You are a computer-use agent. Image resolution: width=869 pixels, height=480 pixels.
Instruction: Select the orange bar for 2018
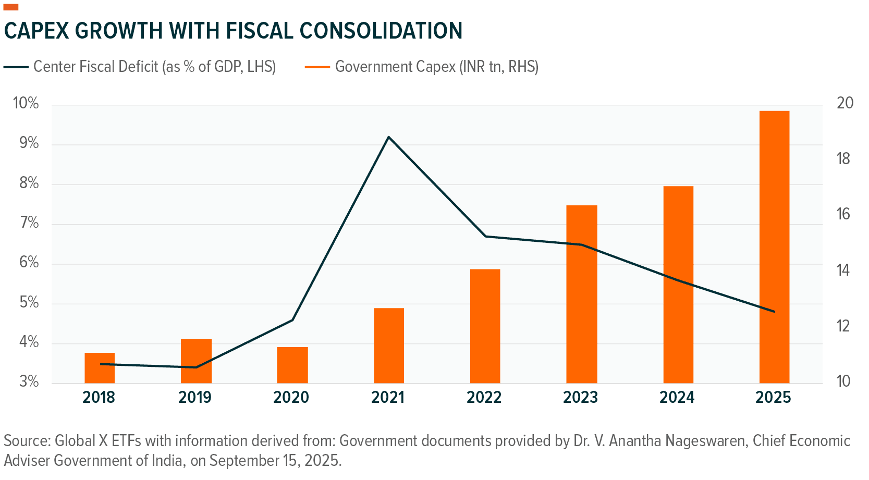[x=99, y=368]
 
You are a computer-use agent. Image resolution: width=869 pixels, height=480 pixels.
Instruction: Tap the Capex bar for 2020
[x=292, y=365]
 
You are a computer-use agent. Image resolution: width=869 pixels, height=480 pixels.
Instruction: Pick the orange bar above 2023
[x=581, y=294]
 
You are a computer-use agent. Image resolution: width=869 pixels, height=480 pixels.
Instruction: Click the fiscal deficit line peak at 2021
[x=388, y=137]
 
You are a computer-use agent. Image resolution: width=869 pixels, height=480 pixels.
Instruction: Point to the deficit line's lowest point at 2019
[x=195, y=367]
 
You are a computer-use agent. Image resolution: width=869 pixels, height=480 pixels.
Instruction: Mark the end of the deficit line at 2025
[x=774, y=312]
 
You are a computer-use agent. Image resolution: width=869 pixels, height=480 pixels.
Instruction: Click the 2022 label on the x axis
[x=484, y=398]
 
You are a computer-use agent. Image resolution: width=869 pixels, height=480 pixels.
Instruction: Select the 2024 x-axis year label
[x=677, y=398]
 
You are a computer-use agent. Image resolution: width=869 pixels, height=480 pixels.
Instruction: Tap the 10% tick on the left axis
[x=26, y=103]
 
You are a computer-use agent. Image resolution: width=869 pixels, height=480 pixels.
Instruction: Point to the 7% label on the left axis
[x=29, y=223]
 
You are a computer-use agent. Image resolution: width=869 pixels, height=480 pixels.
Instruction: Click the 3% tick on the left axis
[x=29, y=382]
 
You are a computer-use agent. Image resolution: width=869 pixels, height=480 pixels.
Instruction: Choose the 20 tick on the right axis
[x=845, y=103]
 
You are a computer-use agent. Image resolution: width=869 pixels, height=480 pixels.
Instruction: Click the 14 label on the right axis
[x=843, y=270]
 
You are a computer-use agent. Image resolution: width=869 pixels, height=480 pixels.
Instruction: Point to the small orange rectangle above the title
[x=11, y=7]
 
